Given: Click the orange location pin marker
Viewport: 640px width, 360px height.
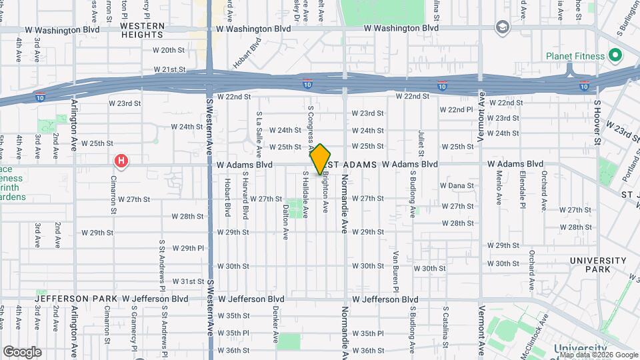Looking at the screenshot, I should [x=321, y=159].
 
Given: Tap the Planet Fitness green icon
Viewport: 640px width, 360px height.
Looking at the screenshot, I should [x=615, y=55].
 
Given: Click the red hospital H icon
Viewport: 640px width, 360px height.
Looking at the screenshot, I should [x=121, y=161].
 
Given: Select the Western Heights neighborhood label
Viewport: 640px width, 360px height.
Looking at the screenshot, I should [x=142, y=30].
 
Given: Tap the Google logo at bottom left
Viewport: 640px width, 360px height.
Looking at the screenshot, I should [x=22, y=352].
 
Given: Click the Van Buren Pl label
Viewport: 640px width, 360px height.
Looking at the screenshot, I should [x=395, y=271].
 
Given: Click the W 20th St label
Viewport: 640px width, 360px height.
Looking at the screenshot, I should [x=168, y=50].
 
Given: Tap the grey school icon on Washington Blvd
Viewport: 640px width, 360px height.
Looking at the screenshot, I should [x=501, y=27].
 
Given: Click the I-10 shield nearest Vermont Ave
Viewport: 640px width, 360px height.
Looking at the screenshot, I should [x=441, y=86].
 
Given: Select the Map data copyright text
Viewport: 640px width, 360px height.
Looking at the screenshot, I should [x=598, y=355].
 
